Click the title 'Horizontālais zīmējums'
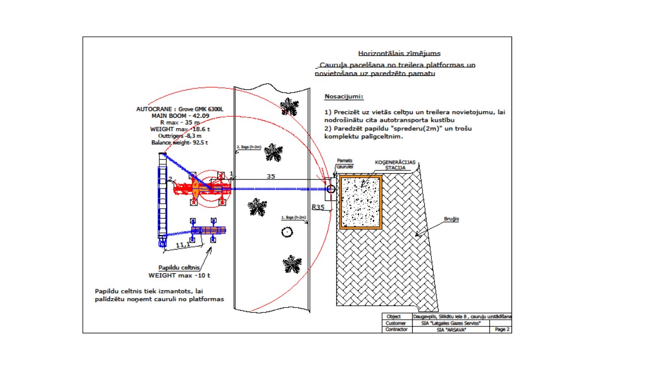(399, 53)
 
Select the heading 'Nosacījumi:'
(343, 97)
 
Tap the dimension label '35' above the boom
(270, 176)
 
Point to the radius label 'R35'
(318, 207)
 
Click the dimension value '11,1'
(182, 245)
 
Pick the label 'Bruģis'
(451, 219)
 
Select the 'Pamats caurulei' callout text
(344, 164)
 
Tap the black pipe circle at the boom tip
(331, 189)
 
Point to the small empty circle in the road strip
(287, 232)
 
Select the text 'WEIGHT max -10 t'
(179, 275)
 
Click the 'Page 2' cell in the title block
(502, 329)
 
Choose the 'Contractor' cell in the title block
(397, 329)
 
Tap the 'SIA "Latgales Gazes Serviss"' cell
(450, 323)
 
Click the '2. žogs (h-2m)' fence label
(249, 147)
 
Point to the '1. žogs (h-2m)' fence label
(293, 217)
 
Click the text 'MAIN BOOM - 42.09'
(180, 116)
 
